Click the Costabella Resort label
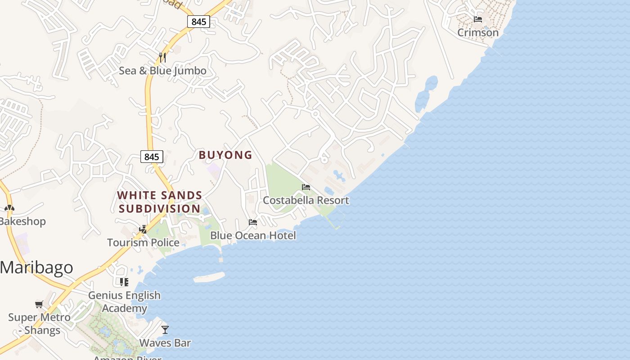click(306, 200)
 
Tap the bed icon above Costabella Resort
click(306, 187)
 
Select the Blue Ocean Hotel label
click(253, 235)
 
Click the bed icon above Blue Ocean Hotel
click(253, 222)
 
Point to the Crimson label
click(478, 32)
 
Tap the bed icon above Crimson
click(478, 19)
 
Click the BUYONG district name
click(225, 155)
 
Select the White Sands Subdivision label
click(160, 202)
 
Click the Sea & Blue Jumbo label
click(162, 71)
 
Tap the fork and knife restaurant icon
click(162, 58)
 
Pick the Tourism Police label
click(143, 243)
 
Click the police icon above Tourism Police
click(143, 229)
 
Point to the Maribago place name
click(36, 267)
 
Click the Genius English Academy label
click(124, 301)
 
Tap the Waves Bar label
click(165, 342)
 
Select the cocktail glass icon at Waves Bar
click(165, 330)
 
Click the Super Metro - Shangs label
click(39, 324)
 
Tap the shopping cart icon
click(39, 305)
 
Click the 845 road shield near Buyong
click(152, 157)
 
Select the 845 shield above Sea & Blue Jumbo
click(198, 21)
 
